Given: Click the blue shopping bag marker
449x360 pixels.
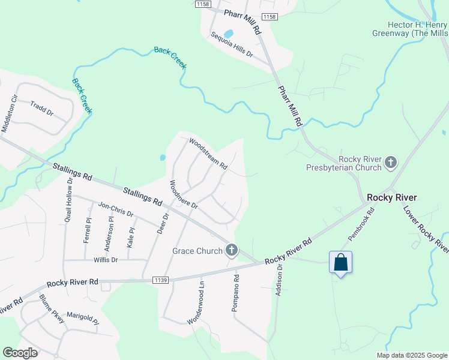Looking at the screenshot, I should pyautogui.click(x=340, y=263).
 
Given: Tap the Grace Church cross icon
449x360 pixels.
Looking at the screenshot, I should pyautogui.click(x=232, y=251).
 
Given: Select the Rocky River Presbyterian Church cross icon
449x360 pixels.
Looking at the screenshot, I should pyautogui.click(x=391, y=162).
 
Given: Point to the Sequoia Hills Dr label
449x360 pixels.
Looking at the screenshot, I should pyautogui.click(x=232, y=45).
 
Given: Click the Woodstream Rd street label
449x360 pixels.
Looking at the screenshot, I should pyautogui.click(x=208, y=154).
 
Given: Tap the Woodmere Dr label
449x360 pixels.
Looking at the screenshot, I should pyautogui.click(x=184, y=194).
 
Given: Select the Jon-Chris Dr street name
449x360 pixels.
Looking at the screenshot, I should pyautogui.click(x=115, y=209).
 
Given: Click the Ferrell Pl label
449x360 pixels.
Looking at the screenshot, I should pyautogui.click(x=87, y=230).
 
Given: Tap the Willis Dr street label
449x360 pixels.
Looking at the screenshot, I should pyautogui.click(x=106, y=260).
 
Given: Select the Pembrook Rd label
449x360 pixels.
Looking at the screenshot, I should pyautogui.click(x=361, y=224).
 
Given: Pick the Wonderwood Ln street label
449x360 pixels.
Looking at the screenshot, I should pyautogui.click(x=196, y=304).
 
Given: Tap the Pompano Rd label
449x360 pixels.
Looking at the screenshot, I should pyautogui.click(x=236, y=293).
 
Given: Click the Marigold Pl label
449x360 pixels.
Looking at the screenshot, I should pyautogui.click(x=82, y=317).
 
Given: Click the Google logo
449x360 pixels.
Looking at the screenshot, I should pyautogui.click(x=20, y=353).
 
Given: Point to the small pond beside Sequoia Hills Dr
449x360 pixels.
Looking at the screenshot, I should pyautogui.click(x=228, y=34).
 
